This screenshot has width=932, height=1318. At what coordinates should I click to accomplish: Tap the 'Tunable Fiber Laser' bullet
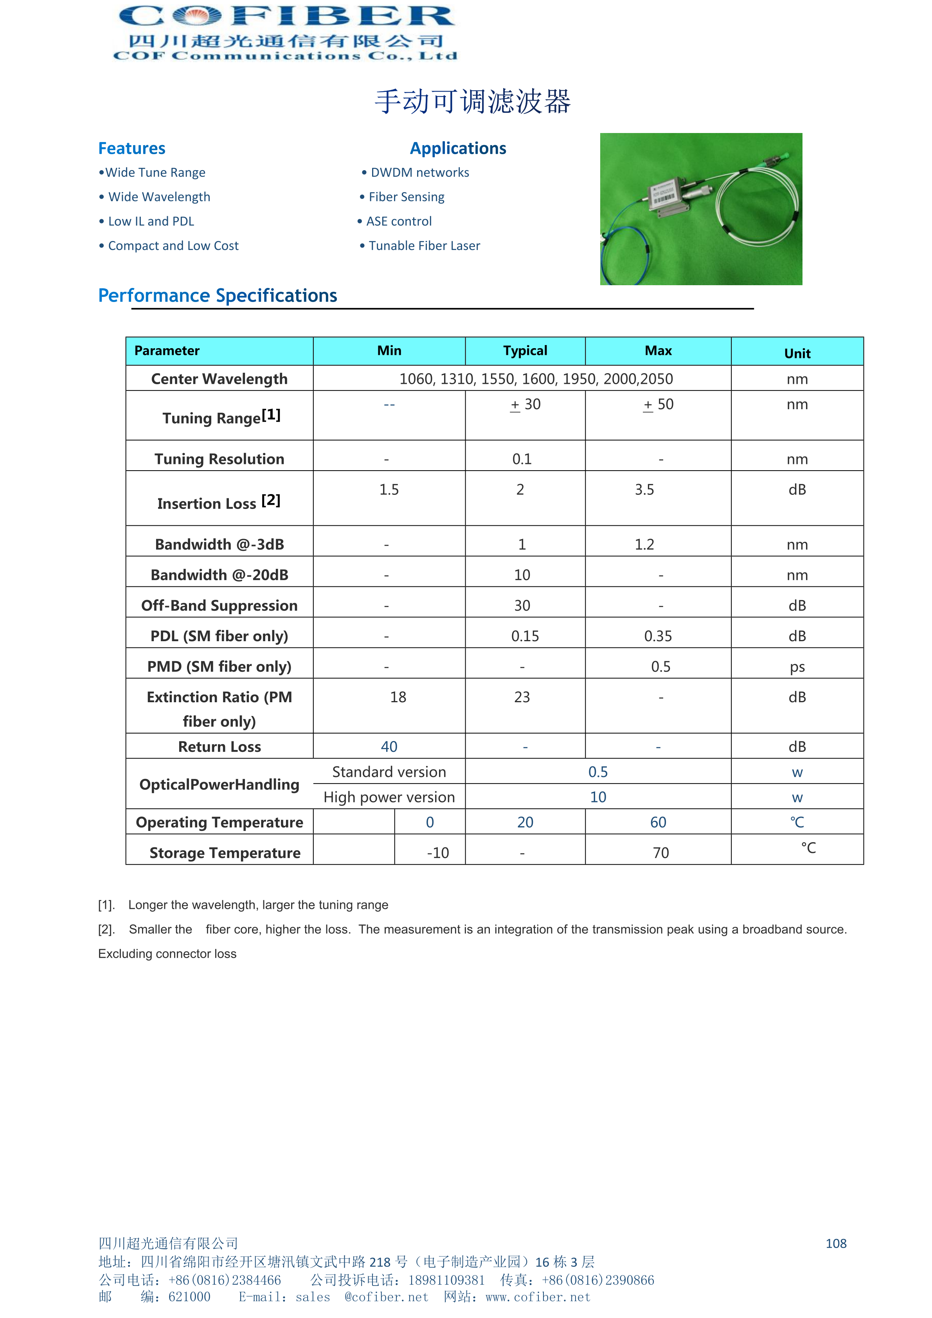click(424, 246)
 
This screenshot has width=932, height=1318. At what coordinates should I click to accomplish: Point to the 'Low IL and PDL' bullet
click(151, 221)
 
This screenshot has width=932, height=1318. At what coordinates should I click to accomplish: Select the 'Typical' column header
click(525, 351)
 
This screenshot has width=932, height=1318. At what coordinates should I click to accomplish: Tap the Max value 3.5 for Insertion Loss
click(644, 490)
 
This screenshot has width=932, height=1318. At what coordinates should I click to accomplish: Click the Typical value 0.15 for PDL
click(525, 636)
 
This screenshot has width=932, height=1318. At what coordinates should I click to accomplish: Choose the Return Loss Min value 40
click(389, 747)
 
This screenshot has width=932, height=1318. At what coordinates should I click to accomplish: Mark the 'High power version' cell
click(389, 797)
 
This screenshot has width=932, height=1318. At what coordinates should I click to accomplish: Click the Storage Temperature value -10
click(437, 853)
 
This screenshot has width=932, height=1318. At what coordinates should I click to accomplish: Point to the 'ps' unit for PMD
click(797, 667)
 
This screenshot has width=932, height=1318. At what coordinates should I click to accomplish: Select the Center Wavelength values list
click(536, 379)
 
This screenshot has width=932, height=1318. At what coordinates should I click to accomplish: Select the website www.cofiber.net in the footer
click(538, 1297)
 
